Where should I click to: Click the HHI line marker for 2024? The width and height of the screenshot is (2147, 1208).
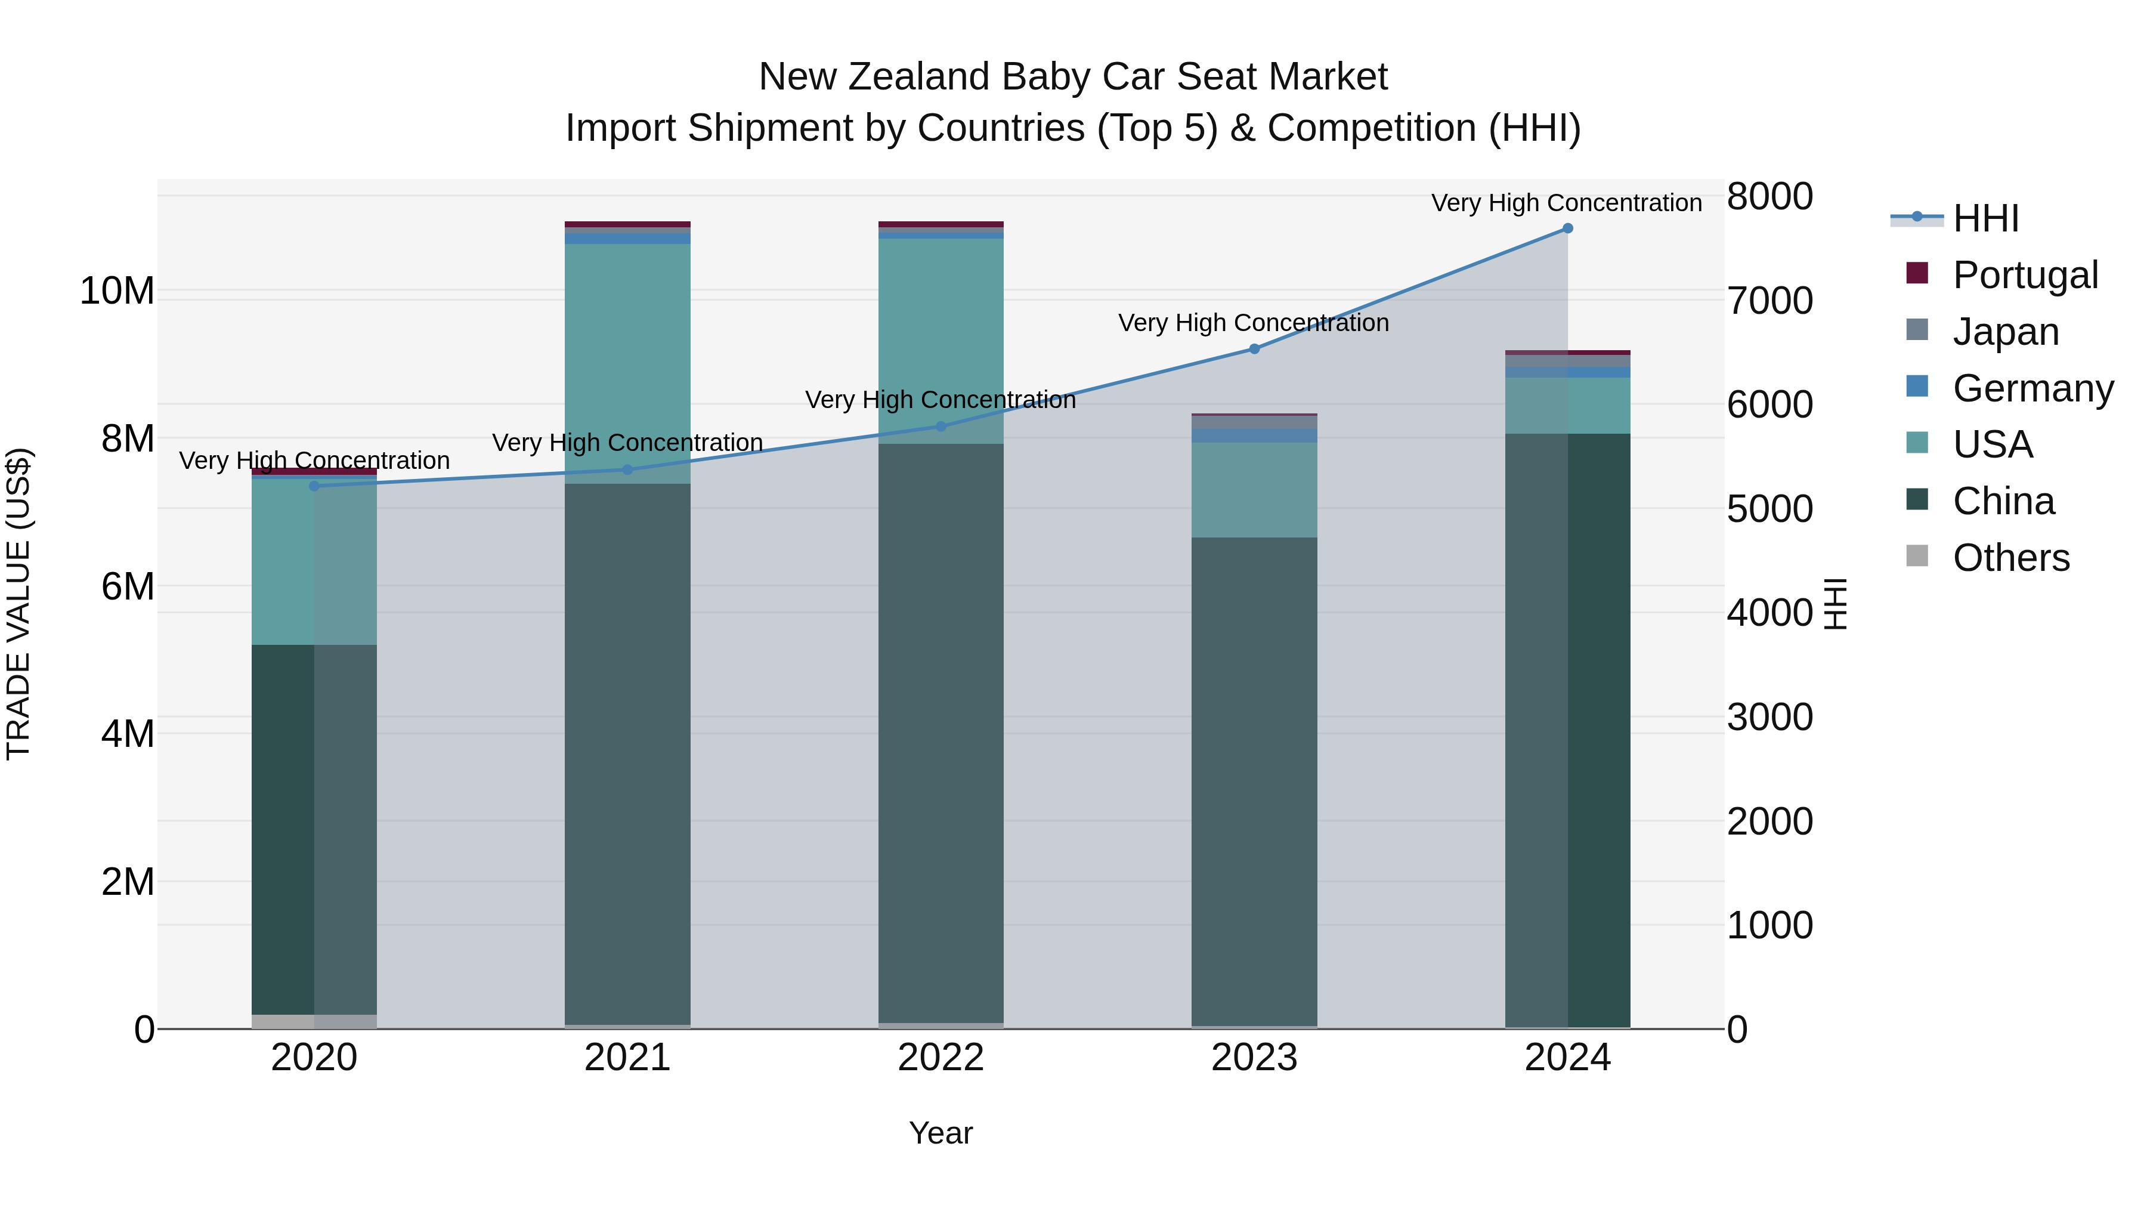click(x=1567, y=228)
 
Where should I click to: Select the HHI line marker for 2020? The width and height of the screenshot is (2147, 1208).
click(x=314, y=486)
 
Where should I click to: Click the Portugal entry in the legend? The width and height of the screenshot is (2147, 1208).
click(x=2024, y=274)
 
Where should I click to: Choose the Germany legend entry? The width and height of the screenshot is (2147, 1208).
click(x=2032, y=388)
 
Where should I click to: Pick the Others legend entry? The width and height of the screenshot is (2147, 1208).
click(x=2010, y=557)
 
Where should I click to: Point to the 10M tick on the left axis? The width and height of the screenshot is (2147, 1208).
click(x=117, y=291)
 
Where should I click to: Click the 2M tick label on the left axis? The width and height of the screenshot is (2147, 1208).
click(x=128, y=881)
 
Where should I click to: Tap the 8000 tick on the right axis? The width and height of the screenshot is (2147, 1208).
click(x=1769, y=197)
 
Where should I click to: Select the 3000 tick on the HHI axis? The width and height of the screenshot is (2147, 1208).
click(x=1769, y=717)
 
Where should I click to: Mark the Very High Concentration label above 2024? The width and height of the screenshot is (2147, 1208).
click(x=1566, y=203)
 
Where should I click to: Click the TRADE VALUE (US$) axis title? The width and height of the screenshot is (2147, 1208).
click(x=18, y=604)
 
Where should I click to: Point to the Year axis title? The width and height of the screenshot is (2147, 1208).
click(x=940, y=1133)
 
